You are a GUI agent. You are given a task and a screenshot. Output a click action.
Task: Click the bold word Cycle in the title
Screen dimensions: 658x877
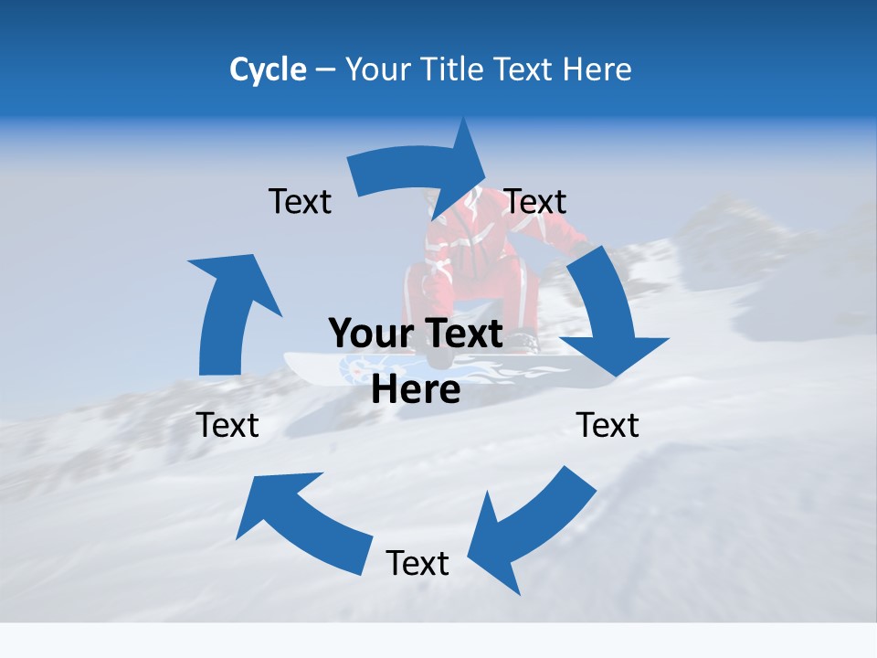[268, 69]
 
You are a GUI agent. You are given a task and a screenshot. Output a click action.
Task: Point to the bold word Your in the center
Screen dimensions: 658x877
[371, 334]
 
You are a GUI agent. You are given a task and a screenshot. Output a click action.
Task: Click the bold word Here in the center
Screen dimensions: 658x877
[416, 390]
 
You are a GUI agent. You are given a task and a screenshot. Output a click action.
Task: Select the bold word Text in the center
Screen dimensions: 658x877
[460, 334]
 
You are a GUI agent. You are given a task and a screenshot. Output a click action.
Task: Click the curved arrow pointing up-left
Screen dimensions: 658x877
[301, 516]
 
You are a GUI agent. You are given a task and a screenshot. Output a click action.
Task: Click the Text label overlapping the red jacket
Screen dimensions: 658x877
[535, 201]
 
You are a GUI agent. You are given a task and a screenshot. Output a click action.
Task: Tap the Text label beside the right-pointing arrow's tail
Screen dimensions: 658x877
[300, 201]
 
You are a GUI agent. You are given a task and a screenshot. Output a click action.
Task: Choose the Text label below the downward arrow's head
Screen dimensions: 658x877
[608, 425]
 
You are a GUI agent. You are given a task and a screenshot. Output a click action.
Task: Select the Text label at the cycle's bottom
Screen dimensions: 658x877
[417, 563]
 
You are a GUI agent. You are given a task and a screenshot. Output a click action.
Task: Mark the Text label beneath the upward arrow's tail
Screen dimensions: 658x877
[227, 425]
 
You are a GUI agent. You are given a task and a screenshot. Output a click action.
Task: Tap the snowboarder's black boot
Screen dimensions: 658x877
[523, 340]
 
